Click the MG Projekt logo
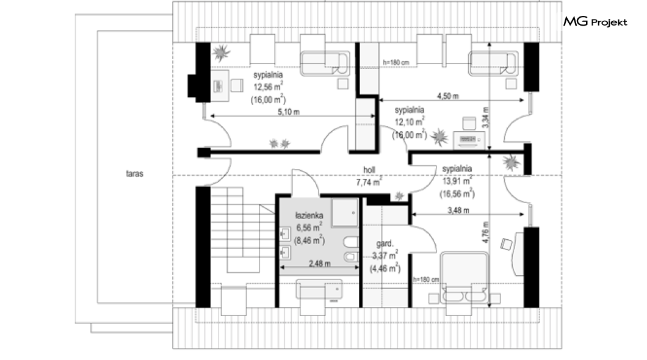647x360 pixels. coord(595,21)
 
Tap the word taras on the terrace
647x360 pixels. coord(134,174)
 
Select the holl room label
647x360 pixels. coord(369,170)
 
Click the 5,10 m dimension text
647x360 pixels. coord(289,112)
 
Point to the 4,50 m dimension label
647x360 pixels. coord(447,96)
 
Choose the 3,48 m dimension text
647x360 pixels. coord(458,211)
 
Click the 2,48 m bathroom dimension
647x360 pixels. coord(319,263)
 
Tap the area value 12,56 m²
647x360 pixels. coord(268,87)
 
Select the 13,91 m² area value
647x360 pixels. coord(457,181)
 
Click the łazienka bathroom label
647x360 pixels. coord(309,215)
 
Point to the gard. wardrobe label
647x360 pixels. coord(385,243)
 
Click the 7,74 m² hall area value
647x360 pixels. coord(369,182)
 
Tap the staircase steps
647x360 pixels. coord(243,229)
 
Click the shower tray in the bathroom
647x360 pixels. coord(345,213)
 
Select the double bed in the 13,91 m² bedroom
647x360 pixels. coord(464,278)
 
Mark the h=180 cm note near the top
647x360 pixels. coord(396,63)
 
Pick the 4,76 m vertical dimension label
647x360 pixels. coord(486,232)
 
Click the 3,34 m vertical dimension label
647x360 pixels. coord(486,117)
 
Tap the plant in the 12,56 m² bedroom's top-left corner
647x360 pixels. coord(221,53)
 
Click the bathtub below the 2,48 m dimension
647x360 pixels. coord(319,289)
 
